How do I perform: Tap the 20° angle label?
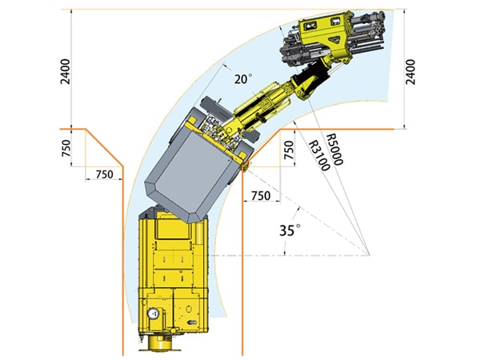point(242,79)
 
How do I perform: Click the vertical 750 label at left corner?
point(66,147)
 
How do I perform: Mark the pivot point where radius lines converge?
point(370,255)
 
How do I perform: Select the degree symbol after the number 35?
point(298,227)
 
